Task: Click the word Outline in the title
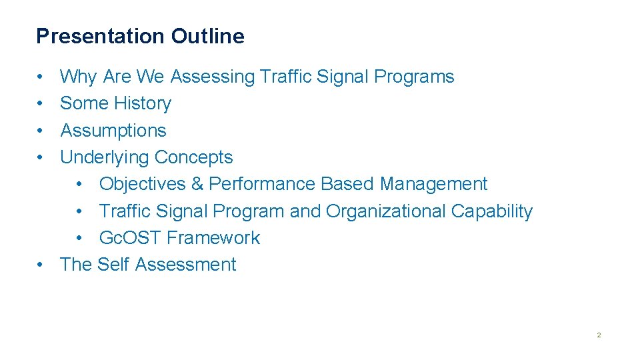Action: point(207,36)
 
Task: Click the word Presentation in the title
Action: point(101,36)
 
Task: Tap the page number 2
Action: point(599,335)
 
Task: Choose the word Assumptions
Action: point(113,131)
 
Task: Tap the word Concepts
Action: point(193,157)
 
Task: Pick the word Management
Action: point(433,184)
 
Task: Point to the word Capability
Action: point(492,211)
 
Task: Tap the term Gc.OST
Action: point(130,238)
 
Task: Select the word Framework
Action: point(213,238)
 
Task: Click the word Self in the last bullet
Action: point(113,265)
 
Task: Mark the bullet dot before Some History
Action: point(41,104)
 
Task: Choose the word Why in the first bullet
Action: point(78,77)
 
